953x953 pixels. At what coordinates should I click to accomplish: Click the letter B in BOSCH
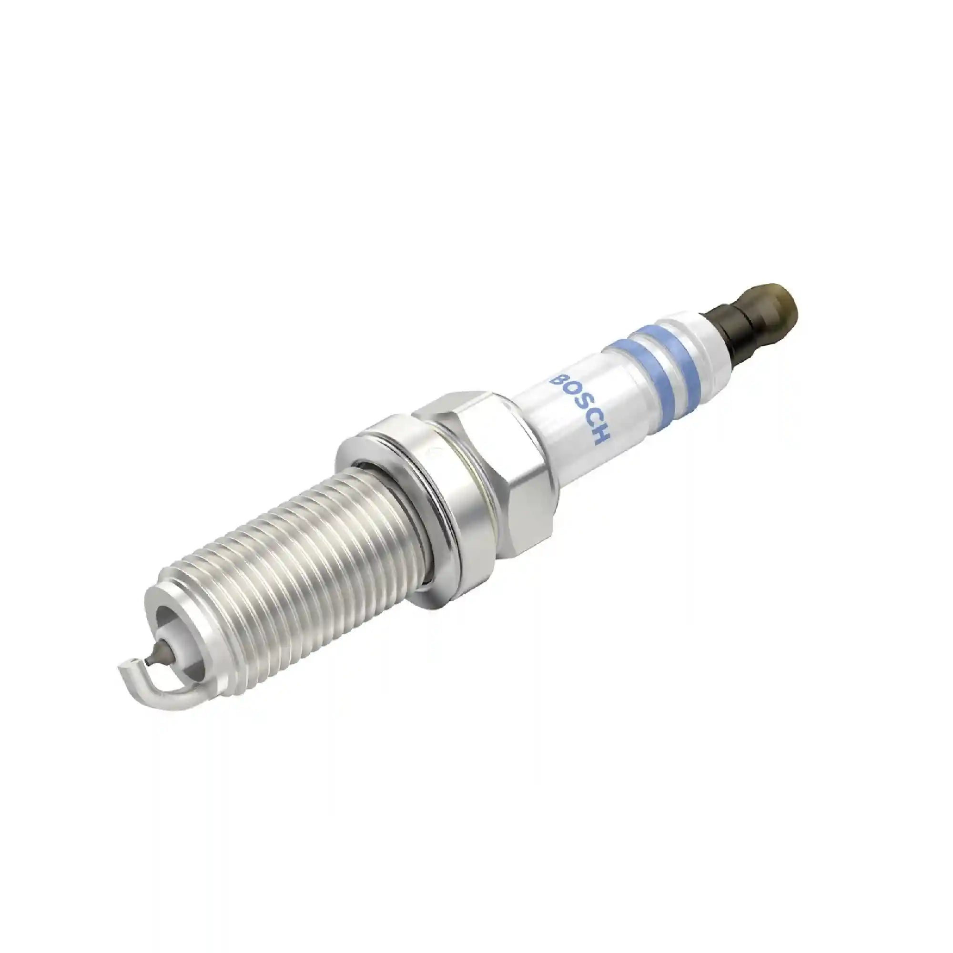point(559,380)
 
